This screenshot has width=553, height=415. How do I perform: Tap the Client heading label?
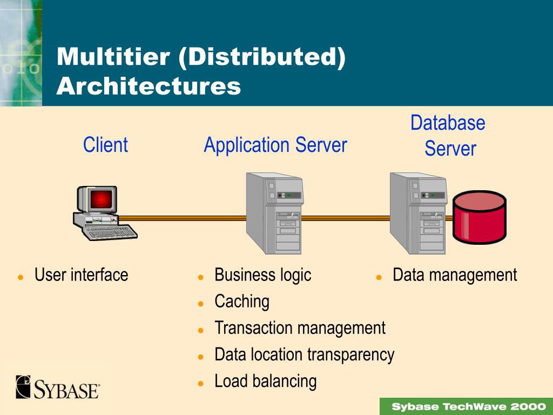105,145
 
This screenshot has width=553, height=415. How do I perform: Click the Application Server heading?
275,145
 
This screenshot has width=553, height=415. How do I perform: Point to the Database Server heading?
448,136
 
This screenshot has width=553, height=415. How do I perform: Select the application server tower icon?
274,213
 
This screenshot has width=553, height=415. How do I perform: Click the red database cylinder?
479,216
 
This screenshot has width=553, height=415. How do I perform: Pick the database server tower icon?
417,213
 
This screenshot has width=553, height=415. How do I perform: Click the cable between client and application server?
184,218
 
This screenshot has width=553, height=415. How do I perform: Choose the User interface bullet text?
81,275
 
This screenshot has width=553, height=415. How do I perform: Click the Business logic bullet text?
262,275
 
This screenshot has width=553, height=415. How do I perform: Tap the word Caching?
241,302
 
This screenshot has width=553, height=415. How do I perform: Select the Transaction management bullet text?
300,328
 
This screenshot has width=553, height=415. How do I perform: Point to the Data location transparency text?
304,354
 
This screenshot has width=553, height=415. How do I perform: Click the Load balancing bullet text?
265,381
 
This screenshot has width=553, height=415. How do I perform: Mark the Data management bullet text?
455,275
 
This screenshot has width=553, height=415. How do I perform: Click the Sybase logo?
58,387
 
